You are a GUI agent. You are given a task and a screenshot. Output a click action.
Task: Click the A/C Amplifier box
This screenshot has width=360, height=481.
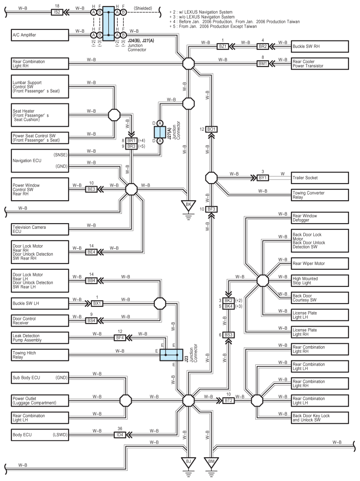40,35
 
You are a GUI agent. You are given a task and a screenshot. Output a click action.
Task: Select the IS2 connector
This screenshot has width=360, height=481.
57,12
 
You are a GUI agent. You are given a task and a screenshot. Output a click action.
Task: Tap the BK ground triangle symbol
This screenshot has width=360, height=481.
188,205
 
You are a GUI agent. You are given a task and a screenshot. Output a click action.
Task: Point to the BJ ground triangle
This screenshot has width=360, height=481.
188,461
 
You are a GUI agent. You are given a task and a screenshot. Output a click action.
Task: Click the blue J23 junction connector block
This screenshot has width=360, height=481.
171,355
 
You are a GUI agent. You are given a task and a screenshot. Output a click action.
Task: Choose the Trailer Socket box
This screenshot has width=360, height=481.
320,178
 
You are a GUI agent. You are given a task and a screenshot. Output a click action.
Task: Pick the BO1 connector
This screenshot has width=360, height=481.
211,129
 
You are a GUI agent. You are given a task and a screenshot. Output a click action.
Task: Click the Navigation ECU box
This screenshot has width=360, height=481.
40,161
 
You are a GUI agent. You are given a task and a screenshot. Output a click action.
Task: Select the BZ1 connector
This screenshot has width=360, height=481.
223,47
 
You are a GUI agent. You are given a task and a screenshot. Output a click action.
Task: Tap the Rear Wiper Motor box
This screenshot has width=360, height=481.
320,264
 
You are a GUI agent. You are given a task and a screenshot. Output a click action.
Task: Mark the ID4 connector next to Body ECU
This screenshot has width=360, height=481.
120,435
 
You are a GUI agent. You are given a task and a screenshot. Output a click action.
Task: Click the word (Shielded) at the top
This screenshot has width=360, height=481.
143,8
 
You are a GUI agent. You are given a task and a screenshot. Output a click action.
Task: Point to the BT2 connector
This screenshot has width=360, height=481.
228,400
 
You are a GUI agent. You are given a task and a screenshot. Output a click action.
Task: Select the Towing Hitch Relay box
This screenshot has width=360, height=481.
40,355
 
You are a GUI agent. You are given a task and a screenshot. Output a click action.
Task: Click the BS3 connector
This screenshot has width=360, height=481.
228,334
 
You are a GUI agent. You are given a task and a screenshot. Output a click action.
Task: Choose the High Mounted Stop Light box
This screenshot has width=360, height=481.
320,281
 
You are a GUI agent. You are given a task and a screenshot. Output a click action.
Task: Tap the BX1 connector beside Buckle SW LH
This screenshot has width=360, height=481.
97,303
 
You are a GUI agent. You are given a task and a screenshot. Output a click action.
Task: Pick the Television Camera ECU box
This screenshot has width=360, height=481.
40,229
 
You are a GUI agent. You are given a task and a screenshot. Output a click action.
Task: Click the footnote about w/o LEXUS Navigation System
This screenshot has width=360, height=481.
202,17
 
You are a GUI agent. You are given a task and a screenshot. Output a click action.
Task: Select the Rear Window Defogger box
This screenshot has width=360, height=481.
320,218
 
